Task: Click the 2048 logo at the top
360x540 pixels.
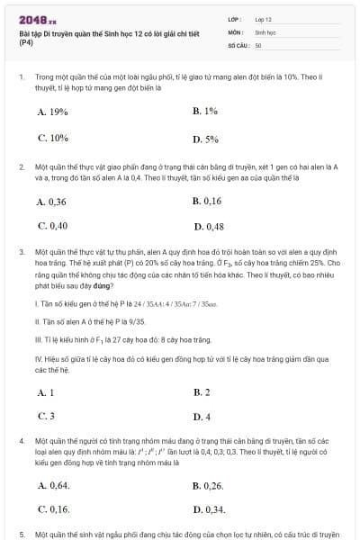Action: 37,18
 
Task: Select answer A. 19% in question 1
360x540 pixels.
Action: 53,112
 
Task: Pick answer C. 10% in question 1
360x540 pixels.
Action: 53,139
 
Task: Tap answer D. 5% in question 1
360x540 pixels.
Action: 205,139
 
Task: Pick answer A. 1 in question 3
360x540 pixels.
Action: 46,392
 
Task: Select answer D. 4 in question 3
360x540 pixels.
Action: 202,417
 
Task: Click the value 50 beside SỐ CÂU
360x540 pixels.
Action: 258,44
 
